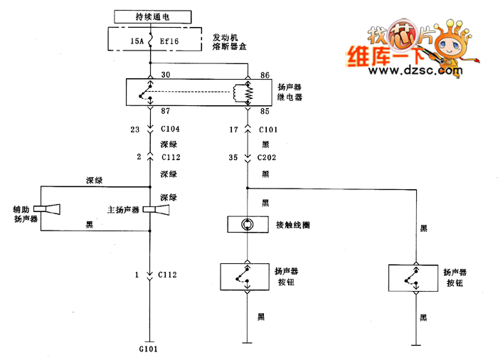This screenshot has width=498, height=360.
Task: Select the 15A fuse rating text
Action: (x=137, y=41)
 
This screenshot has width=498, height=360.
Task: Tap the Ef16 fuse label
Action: (x=169, y=41)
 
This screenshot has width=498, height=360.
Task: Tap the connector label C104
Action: (x=171, y=130)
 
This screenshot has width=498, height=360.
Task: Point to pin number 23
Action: (x=134, y=130)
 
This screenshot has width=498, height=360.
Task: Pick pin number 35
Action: (x=233, y=157)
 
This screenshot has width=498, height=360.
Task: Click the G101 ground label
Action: (x=149, y=350)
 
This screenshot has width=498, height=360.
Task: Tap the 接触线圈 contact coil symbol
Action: (x=247, y=225)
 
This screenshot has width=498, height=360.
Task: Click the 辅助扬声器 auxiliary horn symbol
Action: (x=51, y=210)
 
